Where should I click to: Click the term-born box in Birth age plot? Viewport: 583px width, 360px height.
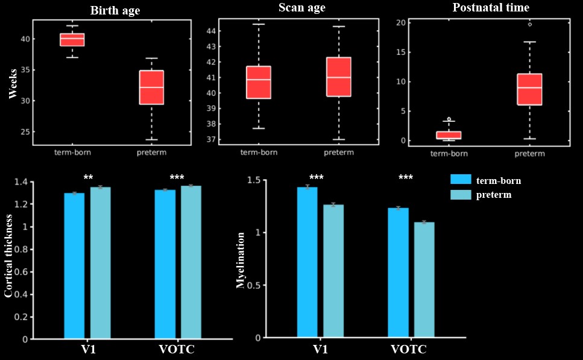72,40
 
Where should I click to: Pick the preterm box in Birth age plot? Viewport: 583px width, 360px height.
151,87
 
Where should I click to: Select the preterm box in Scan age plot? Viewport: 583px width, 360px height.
338,77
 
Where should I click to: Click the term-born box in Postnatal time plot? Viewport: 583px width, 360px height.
449,135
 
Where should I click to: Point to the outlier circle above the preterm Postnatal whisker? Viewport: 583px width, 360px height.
530,24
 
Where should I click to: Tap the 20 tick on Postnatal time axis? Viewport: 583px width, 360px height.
401,22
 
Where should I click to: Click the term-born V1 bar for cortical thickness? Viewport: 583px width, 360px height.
74,266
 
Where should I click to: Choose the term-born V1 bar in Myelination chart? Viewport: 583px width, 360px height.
307,262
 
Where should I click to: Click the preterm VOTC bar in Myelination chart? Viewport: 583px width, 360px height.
424,280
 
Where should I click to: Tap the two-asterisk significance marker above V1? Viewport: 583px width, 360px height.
88,178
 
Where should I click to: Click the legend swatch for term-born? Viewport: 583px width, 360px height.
461,180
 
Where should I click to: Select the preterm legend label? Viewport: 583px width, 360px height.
494,195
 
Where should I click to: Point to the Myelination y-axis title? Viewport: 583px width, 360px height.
241,259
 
